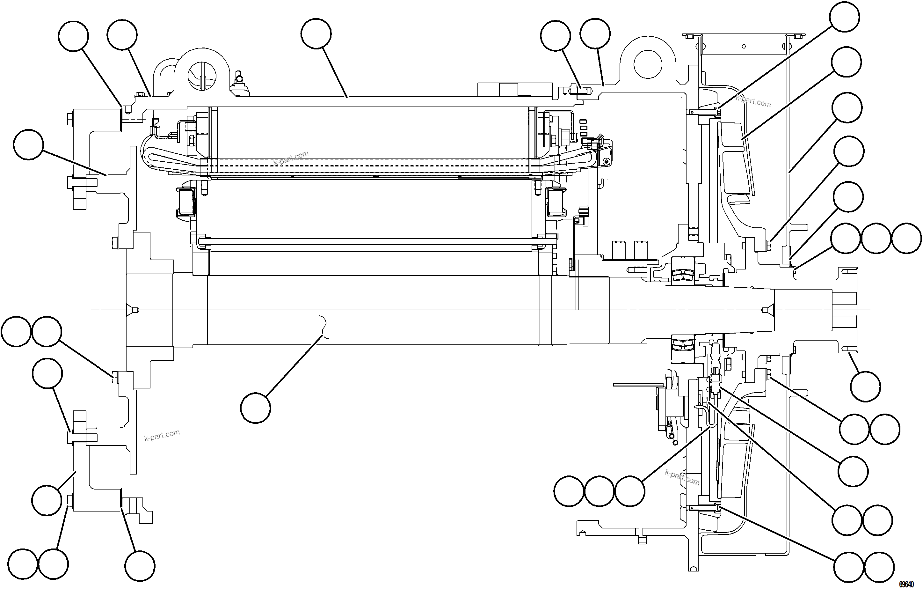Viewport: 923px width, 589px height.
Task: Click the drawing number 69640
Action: click(906, 584)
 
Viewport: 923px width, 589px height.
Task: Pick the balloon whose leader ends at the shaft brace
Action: click(256, 408)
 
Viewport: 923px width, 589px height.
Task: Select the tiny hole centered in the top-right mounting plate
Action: click(744, 46)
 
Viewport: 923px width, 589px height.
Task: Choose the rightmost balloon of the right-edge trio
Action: click(906, 238)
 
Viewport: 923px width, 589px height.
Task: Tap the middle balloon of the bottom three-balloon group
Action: click(600, 491)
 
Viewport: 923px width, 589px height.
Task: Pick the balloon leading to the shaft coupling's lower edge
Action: click(865, 386)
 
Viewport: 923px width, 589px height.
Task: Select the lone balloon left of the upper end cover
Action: click(28, 144)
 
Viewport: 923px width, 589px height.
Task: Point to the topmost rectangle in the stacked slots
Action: click(583, 121)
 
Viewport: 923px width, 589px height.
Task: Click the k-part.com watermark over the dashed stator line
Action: click(291, 158)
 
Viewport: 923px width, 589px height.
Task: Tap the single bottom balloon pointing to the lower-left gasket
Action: click(140, 566)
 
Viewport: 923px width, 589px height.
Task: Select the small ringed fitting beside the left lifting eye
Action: click(239, 79)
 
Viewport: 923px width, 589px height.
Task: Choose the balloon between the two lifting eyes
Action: click(316, 34)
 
